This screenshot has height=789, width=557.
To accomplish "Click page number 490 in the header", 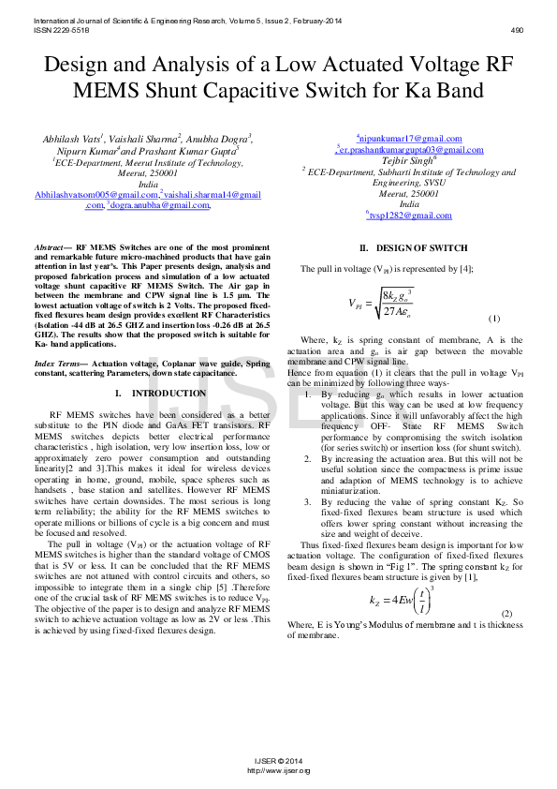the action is pos(517,29).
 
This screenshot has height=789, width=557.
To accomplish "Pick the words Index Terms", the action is pos(57,362).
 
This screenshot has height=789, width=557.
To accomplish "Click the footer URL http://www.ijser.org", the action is pos(278,770).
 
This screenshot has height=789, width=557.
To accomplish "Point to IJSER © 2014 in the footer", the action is pos(278,762).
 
